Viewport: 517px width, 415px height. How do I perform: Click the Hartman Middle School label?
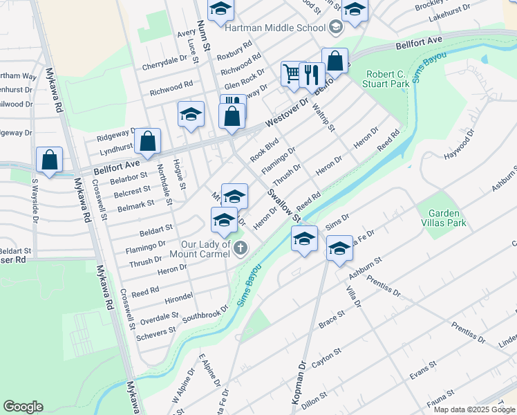276,28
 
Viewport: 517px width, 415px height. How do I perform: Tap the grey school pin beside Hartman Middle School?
337,28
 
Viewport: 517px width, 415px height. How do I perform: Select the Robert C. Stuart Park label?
386,79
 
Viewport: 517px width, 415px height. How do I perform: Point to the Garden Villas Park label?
446,218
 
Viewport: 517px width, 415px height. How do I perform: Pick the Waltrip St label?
323,118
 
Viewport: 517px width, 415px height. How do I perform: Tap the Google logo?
23,407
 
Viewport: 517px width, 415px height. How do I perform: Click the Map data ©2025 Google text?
473,409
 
